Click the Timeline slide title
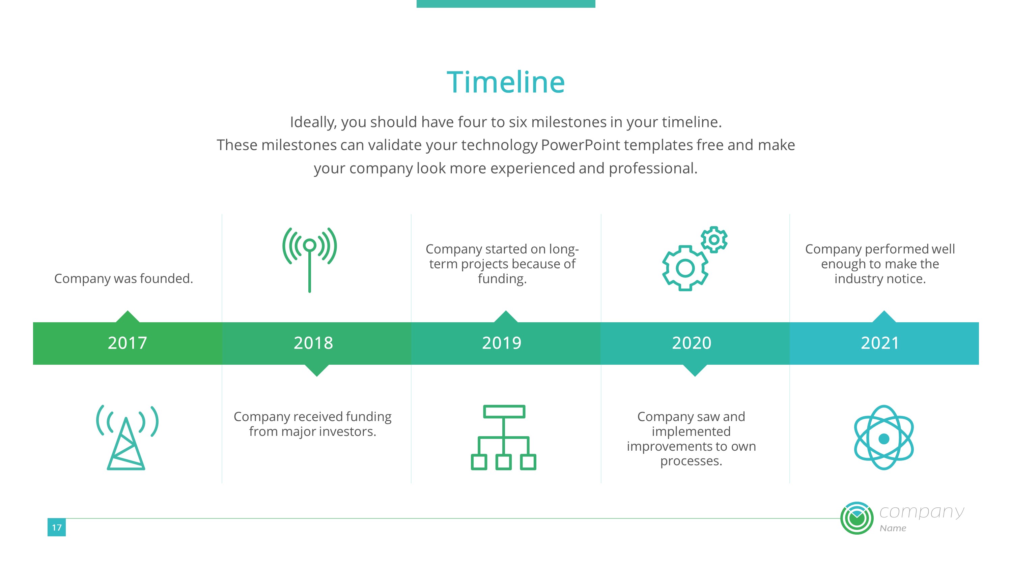pos(506,83)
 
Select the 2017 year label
pos(127,343)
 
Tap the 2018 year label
pos(313,343)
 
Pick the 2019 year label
pos(502,343)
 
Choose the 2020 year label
pos(692,343)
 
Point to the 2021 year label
pos(880,343)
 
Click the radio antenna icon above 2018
pos(310,259)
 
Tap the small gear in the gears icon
pos(714,240)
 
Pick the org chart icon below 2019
pos(504,438)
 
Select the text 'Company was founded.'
pos(124,278)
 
